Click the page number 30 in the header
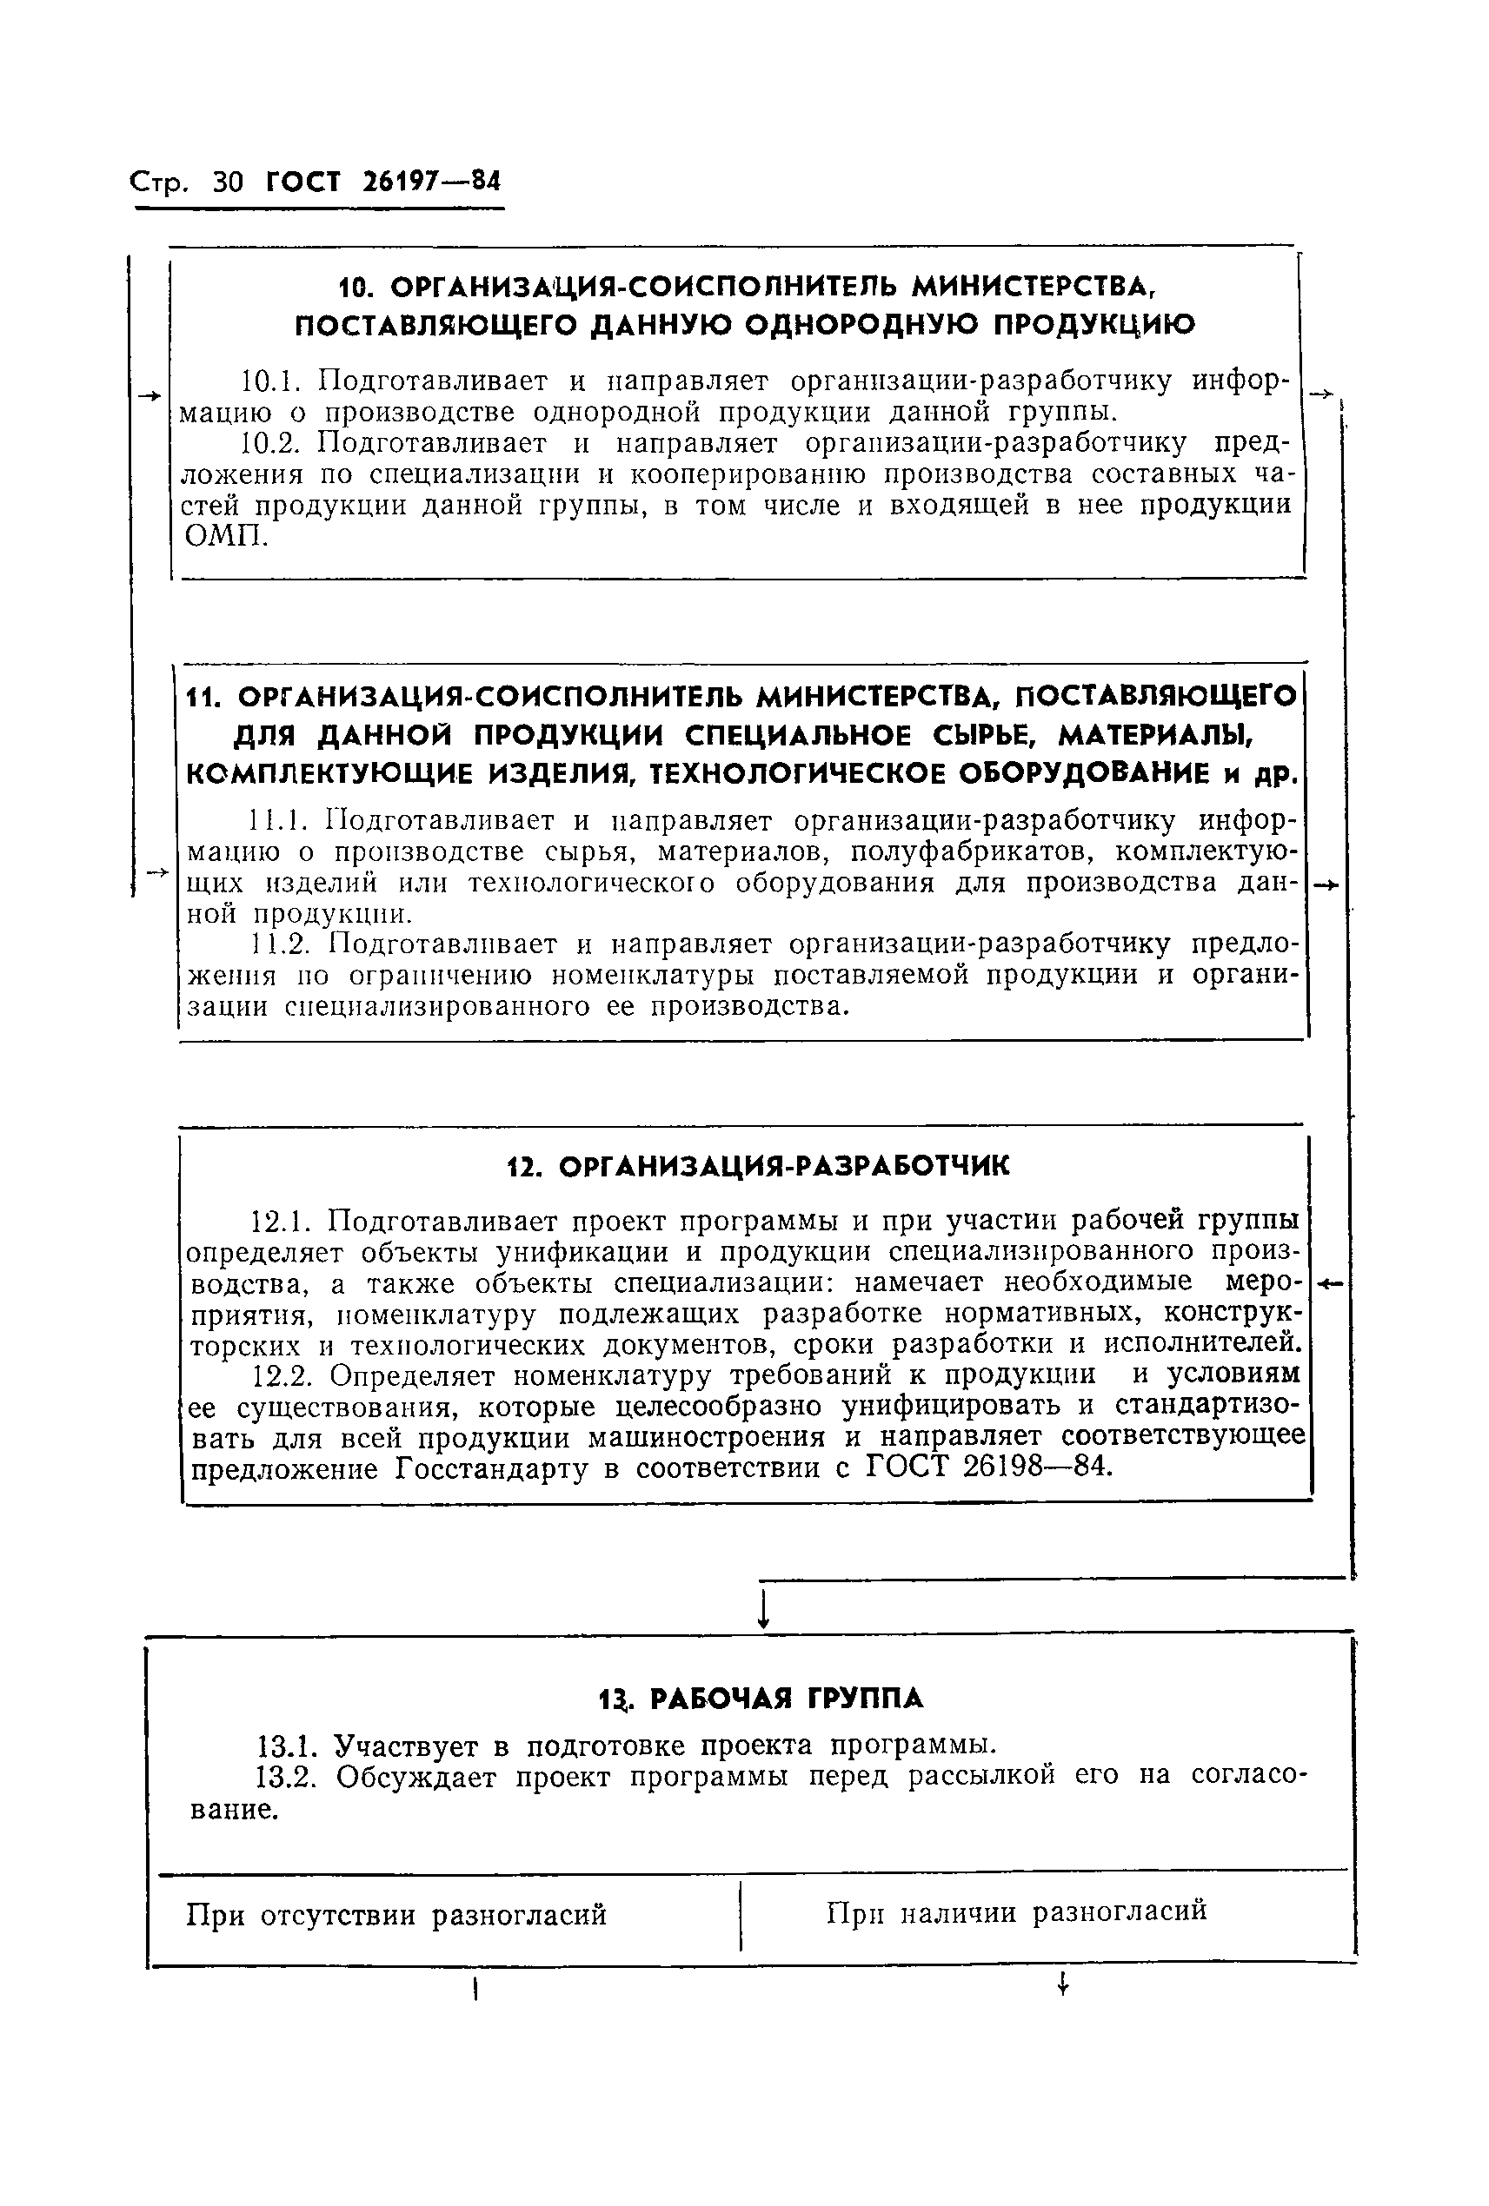229,181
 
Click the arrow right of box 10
1321,394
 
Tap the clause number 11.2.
282,944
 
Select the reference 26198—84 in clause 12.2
1036,1467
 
